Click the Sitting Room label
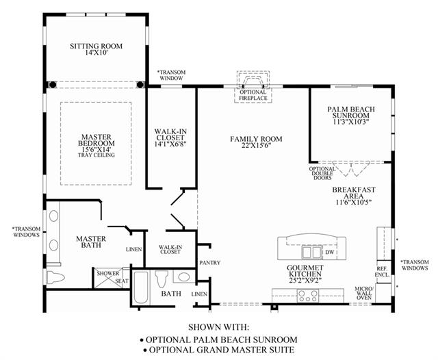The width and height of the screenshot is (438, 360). click(96, 46)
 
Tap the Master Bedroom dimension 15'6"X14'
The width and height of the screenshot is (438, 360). click(96, 149)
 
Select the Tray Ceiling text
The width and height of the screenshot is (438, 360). click(96, 155)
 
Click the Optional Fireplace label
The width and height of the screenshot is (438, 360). click(253, 95)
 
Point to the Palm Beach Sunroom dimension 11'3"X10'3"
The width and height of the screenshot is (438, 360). click(351, 122)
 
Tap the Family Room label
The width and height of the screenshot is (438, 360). click(256, 139)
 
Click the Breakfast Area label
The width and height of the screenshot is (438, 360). click(354, 193)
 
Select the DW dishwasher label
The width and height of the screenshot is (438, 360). click(330, 252)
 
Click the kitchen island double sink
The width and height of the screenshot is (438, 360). click(311, 253)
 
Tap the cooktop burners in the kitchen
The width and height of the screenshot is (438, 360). click(307, 296)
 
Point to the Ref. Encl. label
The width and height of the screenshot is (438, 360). click(382, 272)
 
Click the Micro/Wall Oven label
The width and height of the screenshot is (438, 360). click(363, 293)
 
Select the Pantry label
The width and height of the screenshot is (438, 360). click(210, 263)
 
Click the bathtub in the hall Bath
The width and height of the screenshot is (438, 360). click(140, 287)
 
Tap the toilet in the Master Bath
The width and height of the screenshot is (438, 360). click(55, 277)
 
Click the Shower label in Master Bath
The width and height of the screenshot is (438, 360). click(108, 273)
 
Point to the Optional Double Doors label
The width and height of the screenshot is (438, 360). click(322, 173)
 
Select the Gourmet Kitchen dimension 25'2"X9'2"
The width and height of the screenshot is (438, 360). click(305, 280)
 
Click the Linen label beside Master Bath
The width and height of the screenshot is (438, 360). click(134, 249)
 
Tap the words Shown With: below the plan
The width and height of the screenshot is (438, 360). click(218, 327)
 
